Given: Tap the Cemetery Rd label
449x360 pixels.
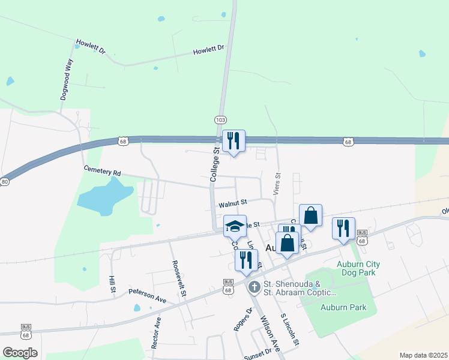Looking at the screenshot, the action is click(x=102, y=171).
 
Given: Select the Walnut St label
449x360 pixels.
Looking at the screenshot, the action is click(x=233, y=205).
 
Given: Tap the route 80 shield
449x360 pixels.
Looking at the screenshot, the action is click(x=4, y=181).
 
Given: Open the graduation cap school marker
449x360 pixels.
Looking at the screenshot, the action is click(x=235, y=226).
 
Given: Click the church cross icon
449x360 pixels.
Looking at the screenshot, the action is click(x=254, y=287).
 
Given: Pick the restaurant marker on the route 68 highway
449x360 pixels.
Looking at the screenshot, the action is click(x=233, y=141).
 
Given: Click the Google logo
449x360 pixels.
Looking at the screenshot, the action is click(x=20, y=353).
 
